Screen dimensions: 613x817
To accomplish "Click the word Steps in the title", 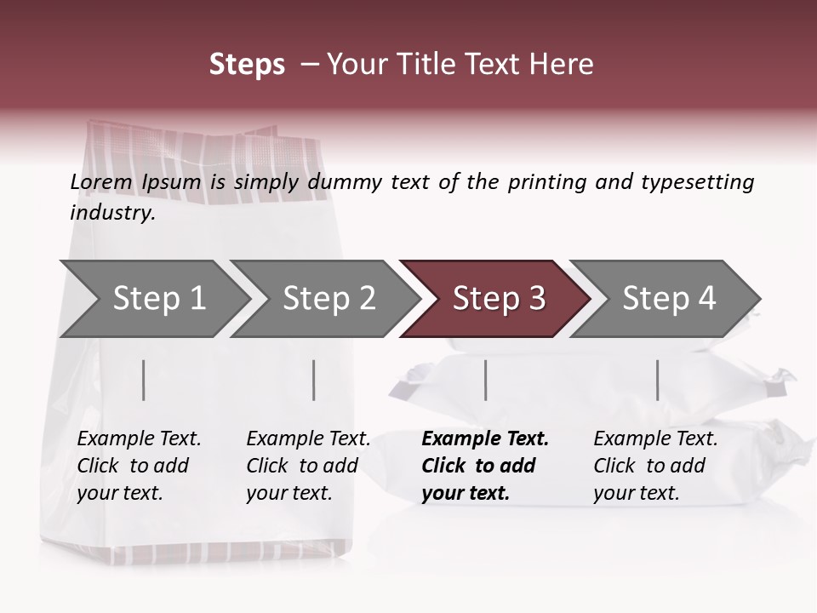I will [x=247, y=65].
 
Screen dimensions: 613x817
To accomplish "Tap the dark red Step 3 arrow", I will [x=499, y=299].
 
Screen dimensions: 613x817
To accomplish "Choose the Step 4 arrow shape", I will [x=669, y=299].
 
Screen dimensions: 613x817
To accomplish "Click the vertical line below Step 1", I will [x=144, y=380].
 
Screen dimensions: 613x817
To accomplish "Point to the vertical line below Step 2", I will [x=314, y=380].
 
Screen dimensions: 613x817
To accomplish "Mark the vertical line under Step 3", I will [x=486, y=380].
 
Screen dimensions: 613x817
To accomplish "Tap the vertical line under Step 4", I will [x=658, y=380].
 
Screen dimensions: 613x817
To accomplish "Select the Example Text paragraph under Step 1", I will [x=139, y=466].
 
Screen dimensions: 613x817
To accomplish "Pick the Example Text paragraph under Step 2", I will [x=308, y=466].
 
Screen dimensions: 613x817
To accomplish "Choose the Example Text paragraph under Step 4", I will [x=655, y=466].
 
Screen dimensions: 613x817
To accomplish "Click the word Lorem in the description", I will [x=101, y=182].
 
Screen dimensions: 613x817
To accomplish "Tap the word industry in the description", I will [x=112, y=213].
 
